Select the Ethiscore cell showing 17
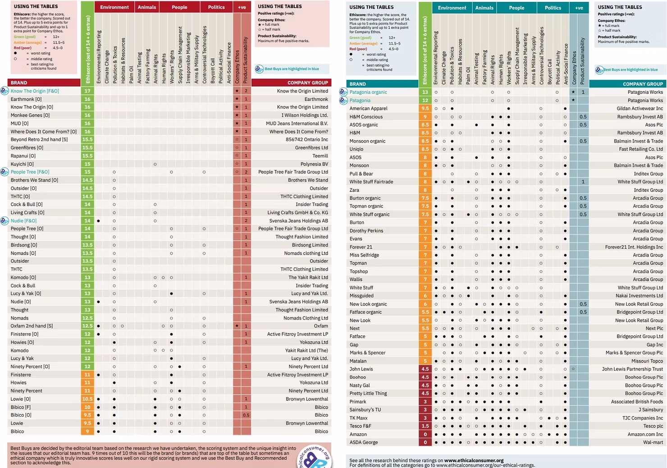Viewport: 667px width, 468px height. (x=87, y=91)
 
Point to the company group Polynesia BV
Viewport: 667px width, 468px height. (x=314, y=164)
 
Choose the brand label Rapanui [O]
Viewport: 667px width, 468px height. (x=23, y=156)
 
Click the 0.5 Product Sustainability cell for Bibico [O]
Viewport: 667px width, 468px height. (x=246, y=415)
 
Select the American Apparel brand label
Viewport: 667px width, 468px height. (x=368, y=109)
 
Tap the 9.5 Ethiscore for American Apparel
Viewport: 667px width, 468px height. (x=425, y=109)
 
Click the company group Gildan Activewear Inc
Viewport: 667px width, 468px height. (x=640, y=109)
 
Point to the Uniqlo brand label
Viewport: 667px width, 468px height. (x=356, y=149)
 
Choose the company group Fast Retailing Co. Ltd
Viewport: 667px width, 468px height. (x=640, y=149)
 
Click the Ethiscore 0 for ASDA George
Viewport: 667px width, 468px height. (x=425, y=443)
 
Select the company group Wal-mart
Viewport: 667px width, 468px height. (x=653, y=443)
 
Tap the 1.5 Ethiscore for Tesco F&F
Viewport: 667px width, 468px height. (x=425, y=426)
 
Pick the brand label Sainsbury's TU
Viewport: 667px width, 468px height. (x=365, y=410)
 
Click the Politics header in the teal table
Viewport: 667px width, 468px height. (x=553, y=8)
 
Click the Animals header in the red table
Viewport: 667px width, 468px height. (x=146, y=7)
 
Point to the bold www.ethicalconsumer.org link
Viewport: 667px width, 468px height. (x=474, y=460)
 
